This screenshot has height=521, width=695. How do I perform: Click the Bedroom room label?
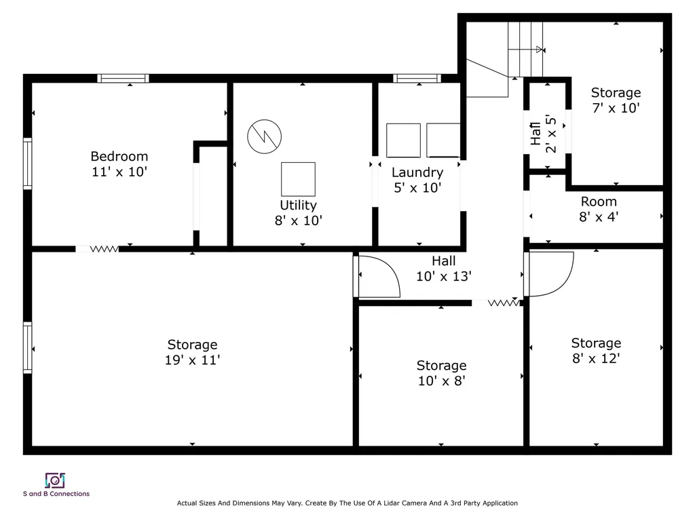coord(119,157)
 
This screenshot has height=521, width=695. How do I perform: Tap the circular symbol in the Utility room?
coord(264,136)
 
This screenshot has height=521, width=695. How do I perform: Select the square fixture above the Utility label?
coord(299,179)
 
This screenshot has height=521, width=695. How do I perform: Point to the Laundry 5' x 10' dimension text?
coord(417,188)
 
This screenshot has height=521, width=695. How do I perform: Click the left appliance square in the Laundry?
coord(403,140)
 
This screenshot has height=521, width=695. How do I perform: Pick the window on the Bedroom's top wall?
coord(124,79)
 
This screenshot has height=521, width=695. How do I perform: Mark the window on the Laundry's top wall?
coord(417,79)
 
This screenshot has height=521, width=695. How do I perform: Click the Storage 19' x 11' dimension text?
coord(192,360)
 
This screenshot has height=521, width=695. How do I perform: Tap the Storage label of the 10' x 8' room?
coord(441,366)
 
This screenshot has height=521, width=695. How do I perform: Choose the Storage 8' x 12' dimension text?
coord(596,358)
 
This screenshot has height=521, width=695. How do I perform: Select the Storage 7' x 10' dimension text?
coord(616,108)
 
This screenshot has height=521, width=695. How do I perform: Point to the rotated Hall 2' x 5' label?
coord(544,134)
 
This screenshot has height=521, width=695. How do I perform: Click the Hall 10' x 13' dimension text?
coord(444,277)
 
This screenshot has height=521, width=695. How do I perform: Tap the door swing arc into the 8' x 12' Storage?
coord(563,282)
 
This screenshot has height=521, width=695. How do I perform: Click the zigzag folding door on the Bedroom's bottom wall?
coord(104,249)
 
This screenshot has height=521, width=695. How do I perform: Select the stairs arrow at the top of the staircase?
coord(526,50)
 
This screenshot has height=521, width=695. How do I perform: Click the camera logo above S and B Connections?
coord(55,480)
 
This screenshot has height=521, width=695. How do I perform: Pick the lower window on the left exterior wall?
coord(27,348)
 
